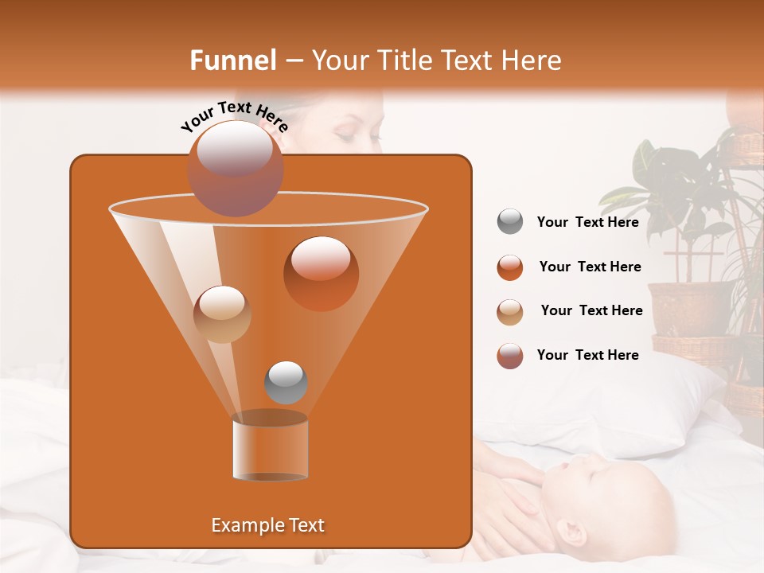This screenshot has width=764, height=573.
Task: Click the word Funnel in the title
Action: pos(233,60)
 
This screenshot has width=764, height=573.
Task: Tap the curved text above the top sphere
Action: pos(234,116)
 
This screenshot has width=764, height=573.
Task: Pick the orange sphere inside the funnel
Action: pos(321,273)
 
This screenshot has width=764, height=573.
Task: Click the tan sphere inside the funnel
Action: pos(222,314)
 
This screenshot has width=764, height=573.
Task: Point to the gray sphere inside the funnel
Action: pos(286,382)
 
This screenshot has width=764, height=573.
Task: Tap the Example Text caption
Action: pos(267,525)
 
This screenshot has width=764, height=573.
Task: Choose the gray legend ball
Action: pos(510,222)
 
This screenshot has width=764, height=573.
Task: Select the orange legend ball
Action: pos(510,267)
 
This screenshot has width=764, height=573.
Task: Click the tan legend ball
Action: pos(510,311)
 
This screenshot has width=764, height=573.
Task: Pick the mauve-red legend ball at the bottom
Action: pos(510,356)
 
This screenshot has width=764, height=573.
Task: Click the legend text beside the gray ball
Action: pos(587,222)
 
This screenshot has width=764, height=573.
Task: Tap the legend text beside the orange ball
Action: pos(590,267)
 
